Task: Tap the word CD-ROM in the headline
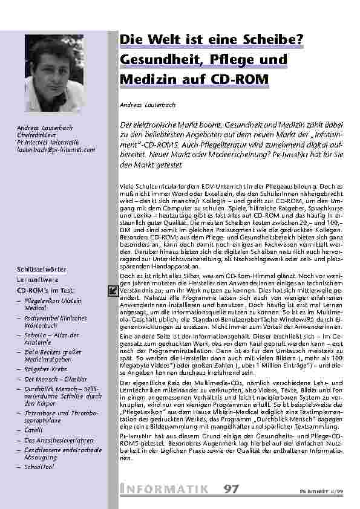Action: [x=237, y=80]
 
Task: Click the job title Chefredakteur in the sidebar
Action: [x=38, y=134]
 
